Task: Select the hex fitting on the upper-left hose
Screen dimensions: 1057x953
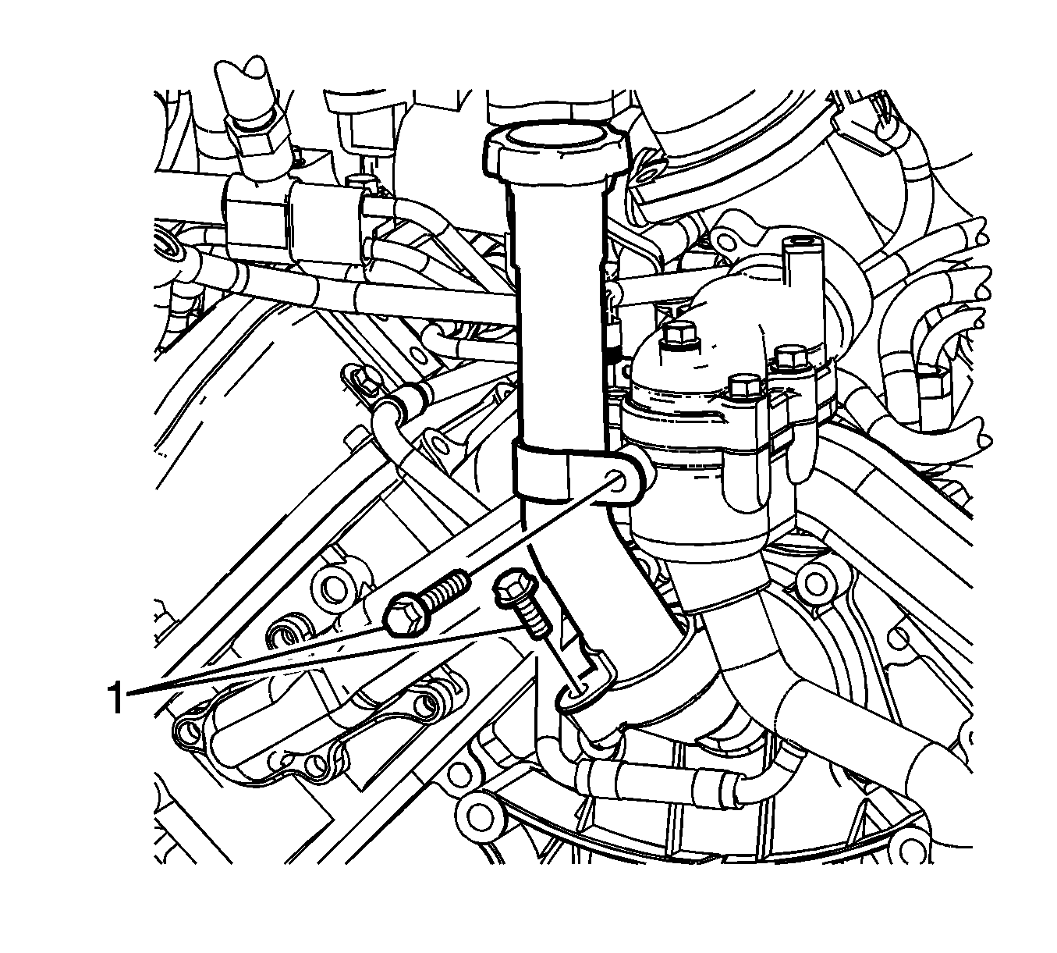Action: click(x=257, y=137)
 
